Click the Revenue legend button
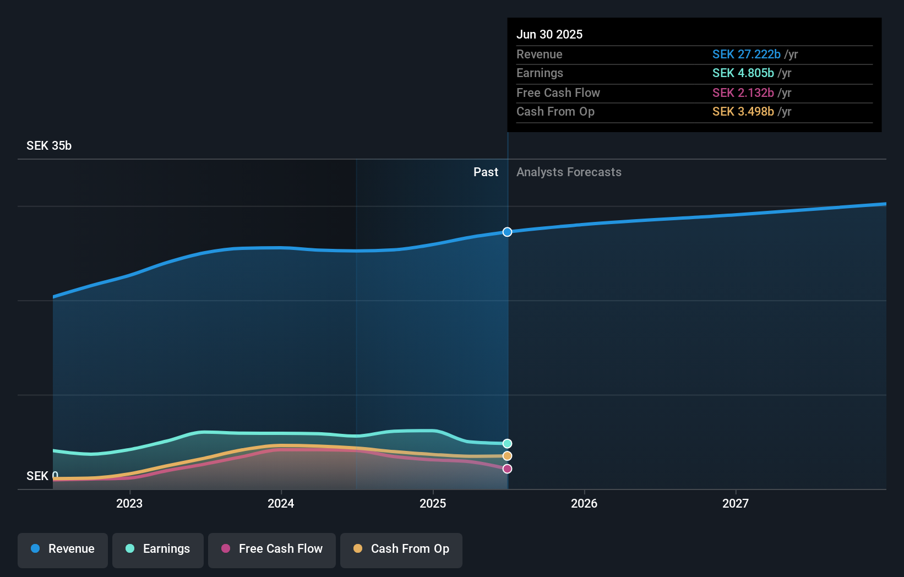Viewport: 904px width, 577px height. tap(63, 549)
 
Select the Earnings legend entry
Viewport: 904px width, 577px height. tap(158, 549)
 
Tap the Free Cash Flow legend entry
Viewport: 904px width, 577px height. tap(272, 549)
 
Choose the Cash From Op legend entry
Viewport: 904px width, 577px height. tap(401, 549)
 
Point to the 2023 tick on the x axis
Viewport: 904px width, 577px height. tap(129, 503)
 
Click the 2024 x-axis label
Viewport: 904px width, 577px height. tap(281, 503)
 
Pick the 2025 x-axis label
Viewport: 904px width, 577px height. tap(433, 503)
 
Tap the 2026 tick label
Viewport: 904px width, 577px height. tap(584, 503)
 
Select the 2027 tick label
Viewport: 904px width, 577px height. tap(736, 503)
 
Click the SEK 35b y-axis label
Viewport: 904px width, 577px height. tap(49, 146)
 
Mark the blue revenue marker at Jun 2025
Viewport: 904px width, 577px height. tap(507, 232)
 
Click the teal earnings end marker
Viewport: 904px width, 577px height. tap(507, 444)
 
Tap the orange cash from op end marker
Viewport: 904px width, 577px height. tap(507, 456)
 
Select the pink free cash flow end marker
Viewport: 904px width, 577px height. tap(507, 469)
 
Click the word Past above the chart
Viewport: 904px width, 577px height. tap(486, 172)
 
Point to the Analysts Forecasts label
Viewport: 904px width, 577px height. tap(569, 172)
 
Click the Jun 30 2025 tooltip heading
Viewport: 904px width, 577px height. tap(549, 35)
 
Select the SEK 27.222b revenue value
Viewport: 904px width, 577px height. tap(746, 55)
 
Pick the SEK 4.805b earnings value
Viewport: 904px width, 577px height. tap(743, 73)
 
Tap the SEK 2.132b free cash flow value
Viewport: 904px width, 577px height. tap(743, 93)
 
